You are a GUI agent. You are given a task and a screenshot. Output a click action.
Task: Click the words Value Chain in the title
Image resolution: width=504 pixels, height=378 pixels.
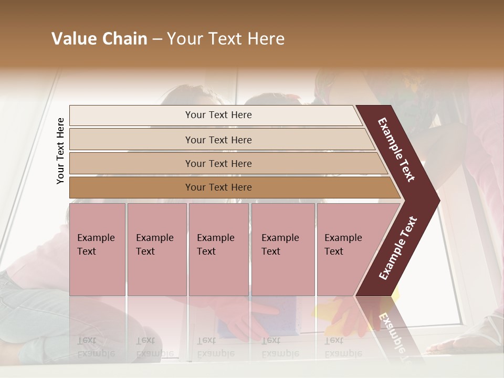coord(99,39)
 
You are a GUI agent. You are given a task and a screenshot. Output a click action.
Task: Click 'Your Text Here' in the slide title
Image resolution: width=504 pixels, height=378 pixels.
coord(226,39)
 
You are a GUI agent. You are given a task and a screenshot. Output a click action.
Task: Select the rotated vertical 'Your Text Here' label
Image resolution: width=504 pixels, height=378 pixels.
coord(60,151)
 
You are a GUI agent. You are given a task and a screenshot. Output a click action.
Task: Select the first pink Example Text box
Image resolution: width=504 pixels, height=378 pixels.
coord(97,249)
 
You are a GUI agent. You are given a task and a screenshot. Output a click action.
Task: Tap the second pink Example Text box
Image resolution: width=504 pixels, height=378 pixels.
coord(156,249)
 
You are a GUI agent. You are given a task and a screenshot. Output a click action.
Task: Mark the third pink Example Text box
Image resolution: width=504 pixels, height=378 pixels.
coord(218,249)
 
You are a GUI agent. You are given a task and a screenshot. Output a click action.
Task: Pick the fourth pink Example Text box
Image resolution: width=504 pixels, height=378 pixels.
coord(283,249)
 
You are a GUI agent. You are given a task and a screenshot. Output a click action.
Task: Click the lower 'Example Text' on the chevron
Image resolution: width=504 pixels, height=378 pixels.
coord(398,248)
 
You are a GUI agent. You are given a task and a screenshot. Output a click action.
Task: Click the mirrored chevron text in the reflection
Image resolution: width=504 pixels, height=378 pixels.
coord(391,331)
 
